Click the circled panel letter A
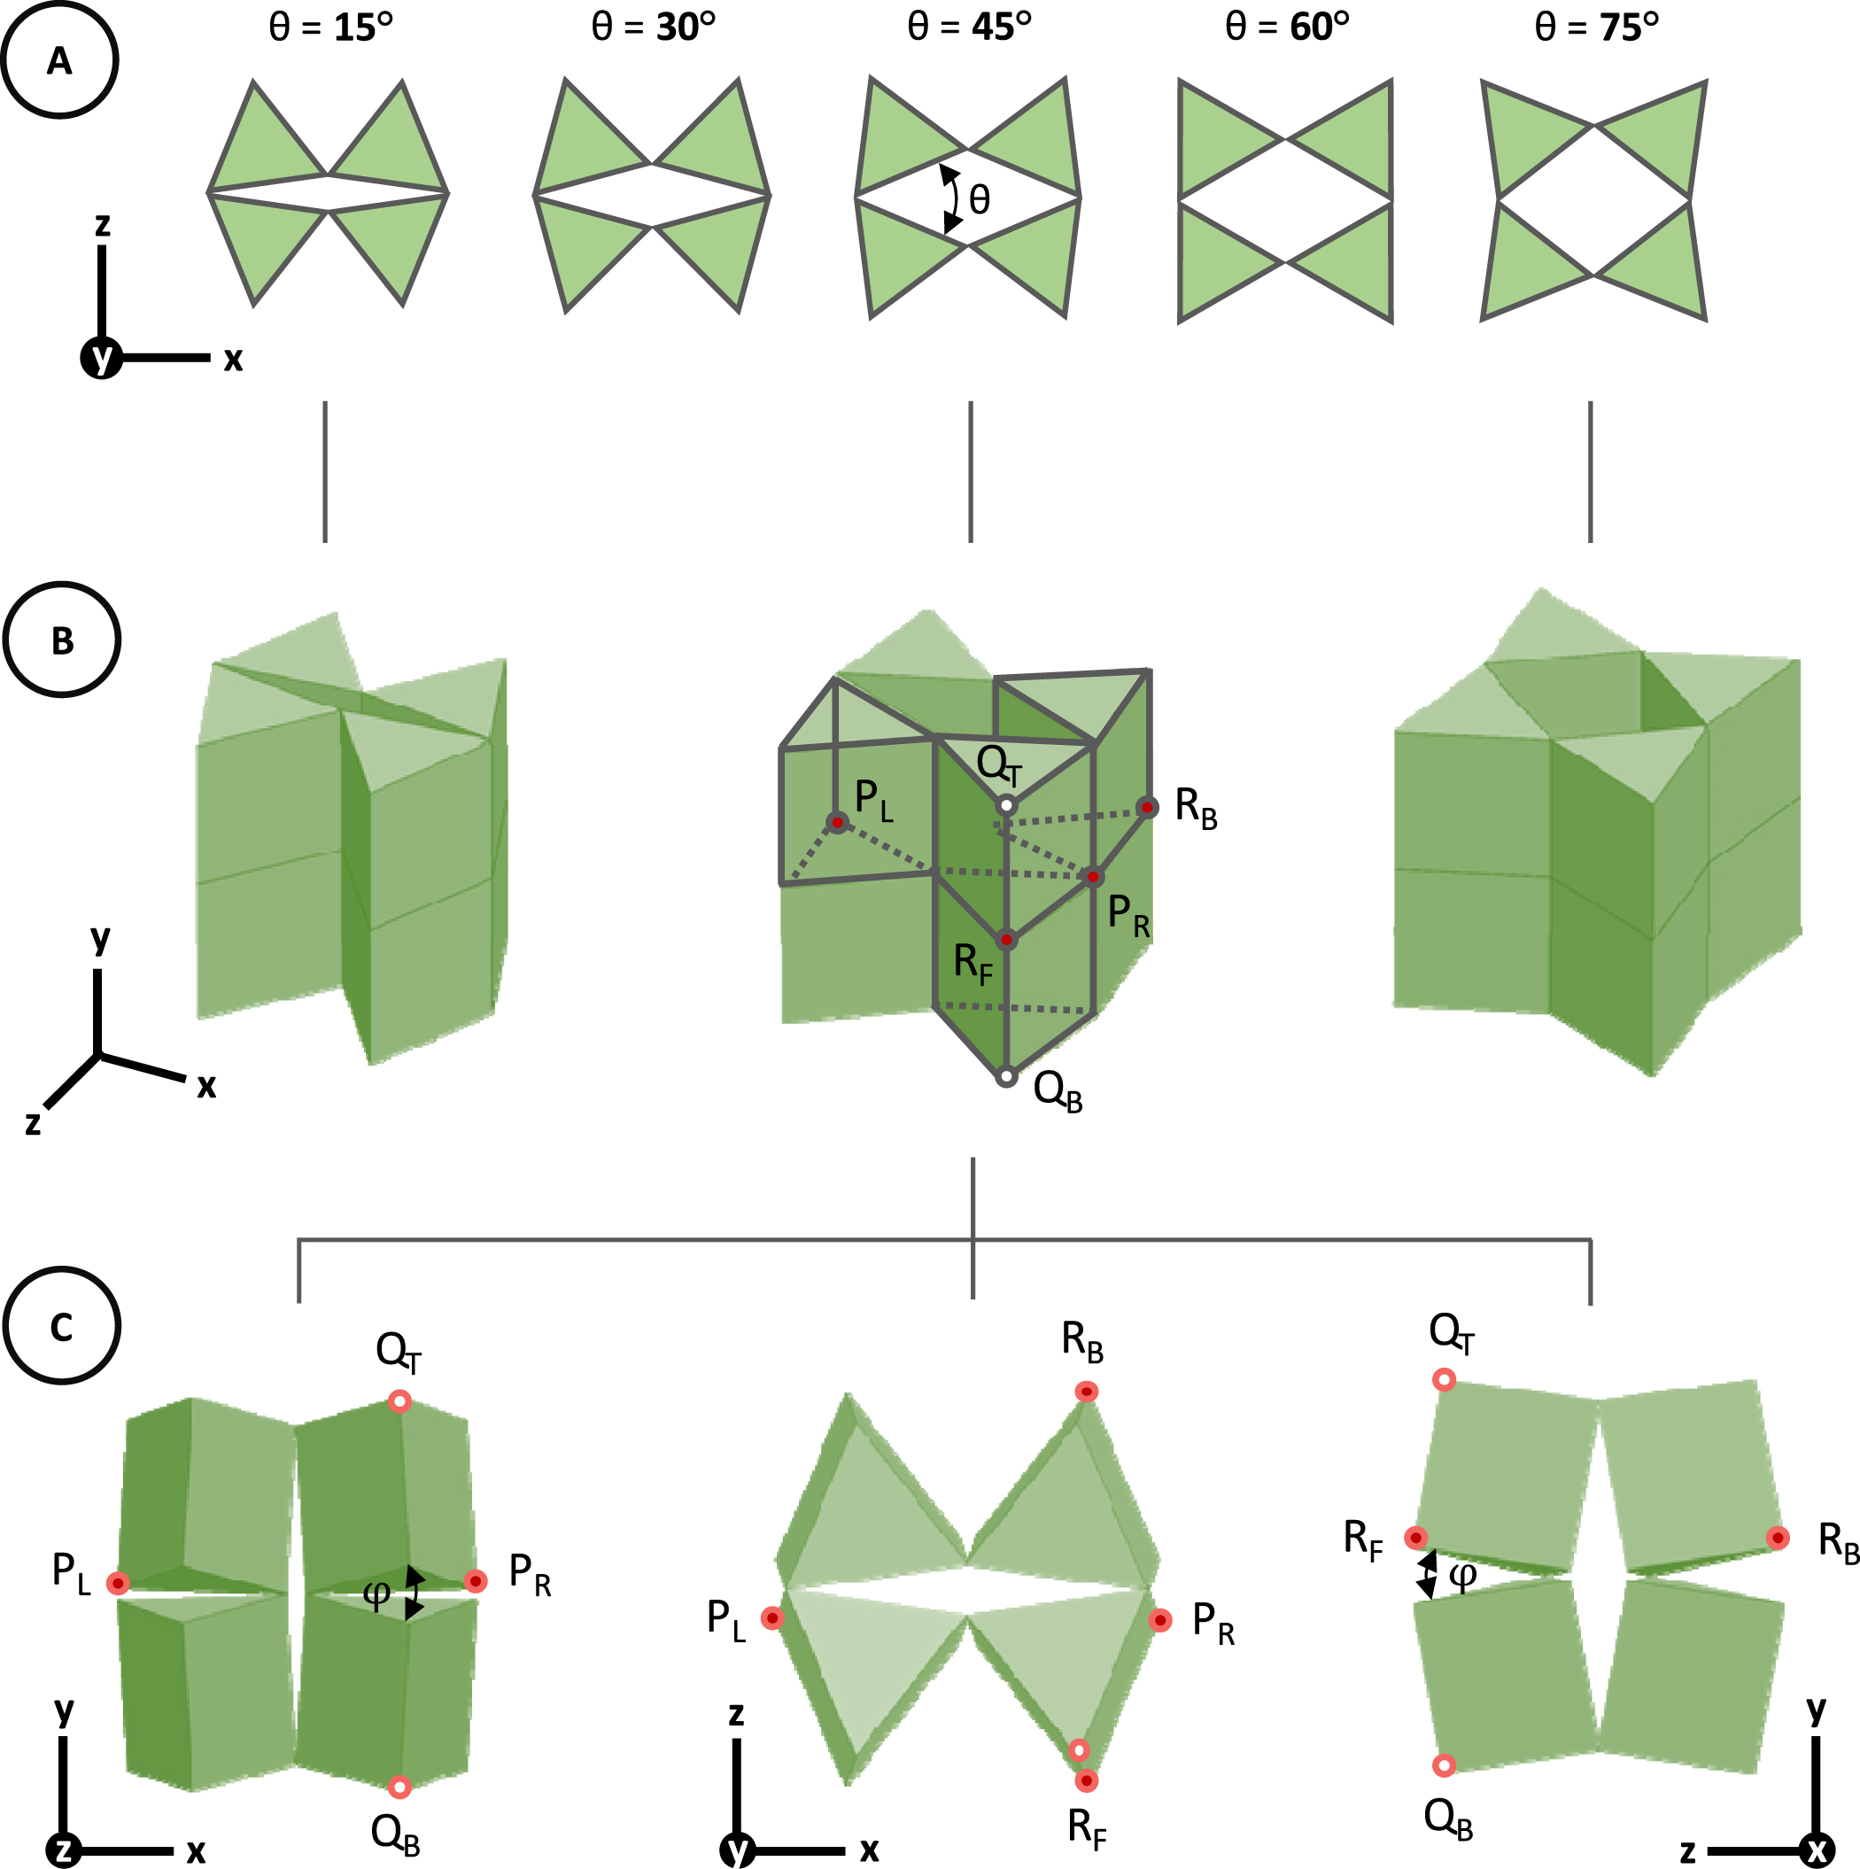60,60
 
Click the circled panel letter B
62,640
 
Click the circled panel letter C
62,1326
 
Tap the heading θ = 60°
1286,27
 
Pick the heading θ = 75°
1596,27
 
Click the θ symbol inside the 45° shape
980,200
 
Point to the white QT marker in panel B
1007,805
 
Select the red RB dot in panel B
1146,807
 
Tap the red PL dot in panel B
837,823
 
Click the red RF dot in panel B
1007,939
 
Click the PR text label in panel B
1128,914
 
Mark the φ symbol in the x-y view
376,1592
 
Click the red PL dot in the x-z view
771,1617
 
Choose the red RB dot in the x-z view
1087,1391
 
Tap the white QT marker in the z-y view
1444,1379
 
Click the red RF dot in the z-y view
1416,1538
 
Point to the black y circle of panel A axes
101,358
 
